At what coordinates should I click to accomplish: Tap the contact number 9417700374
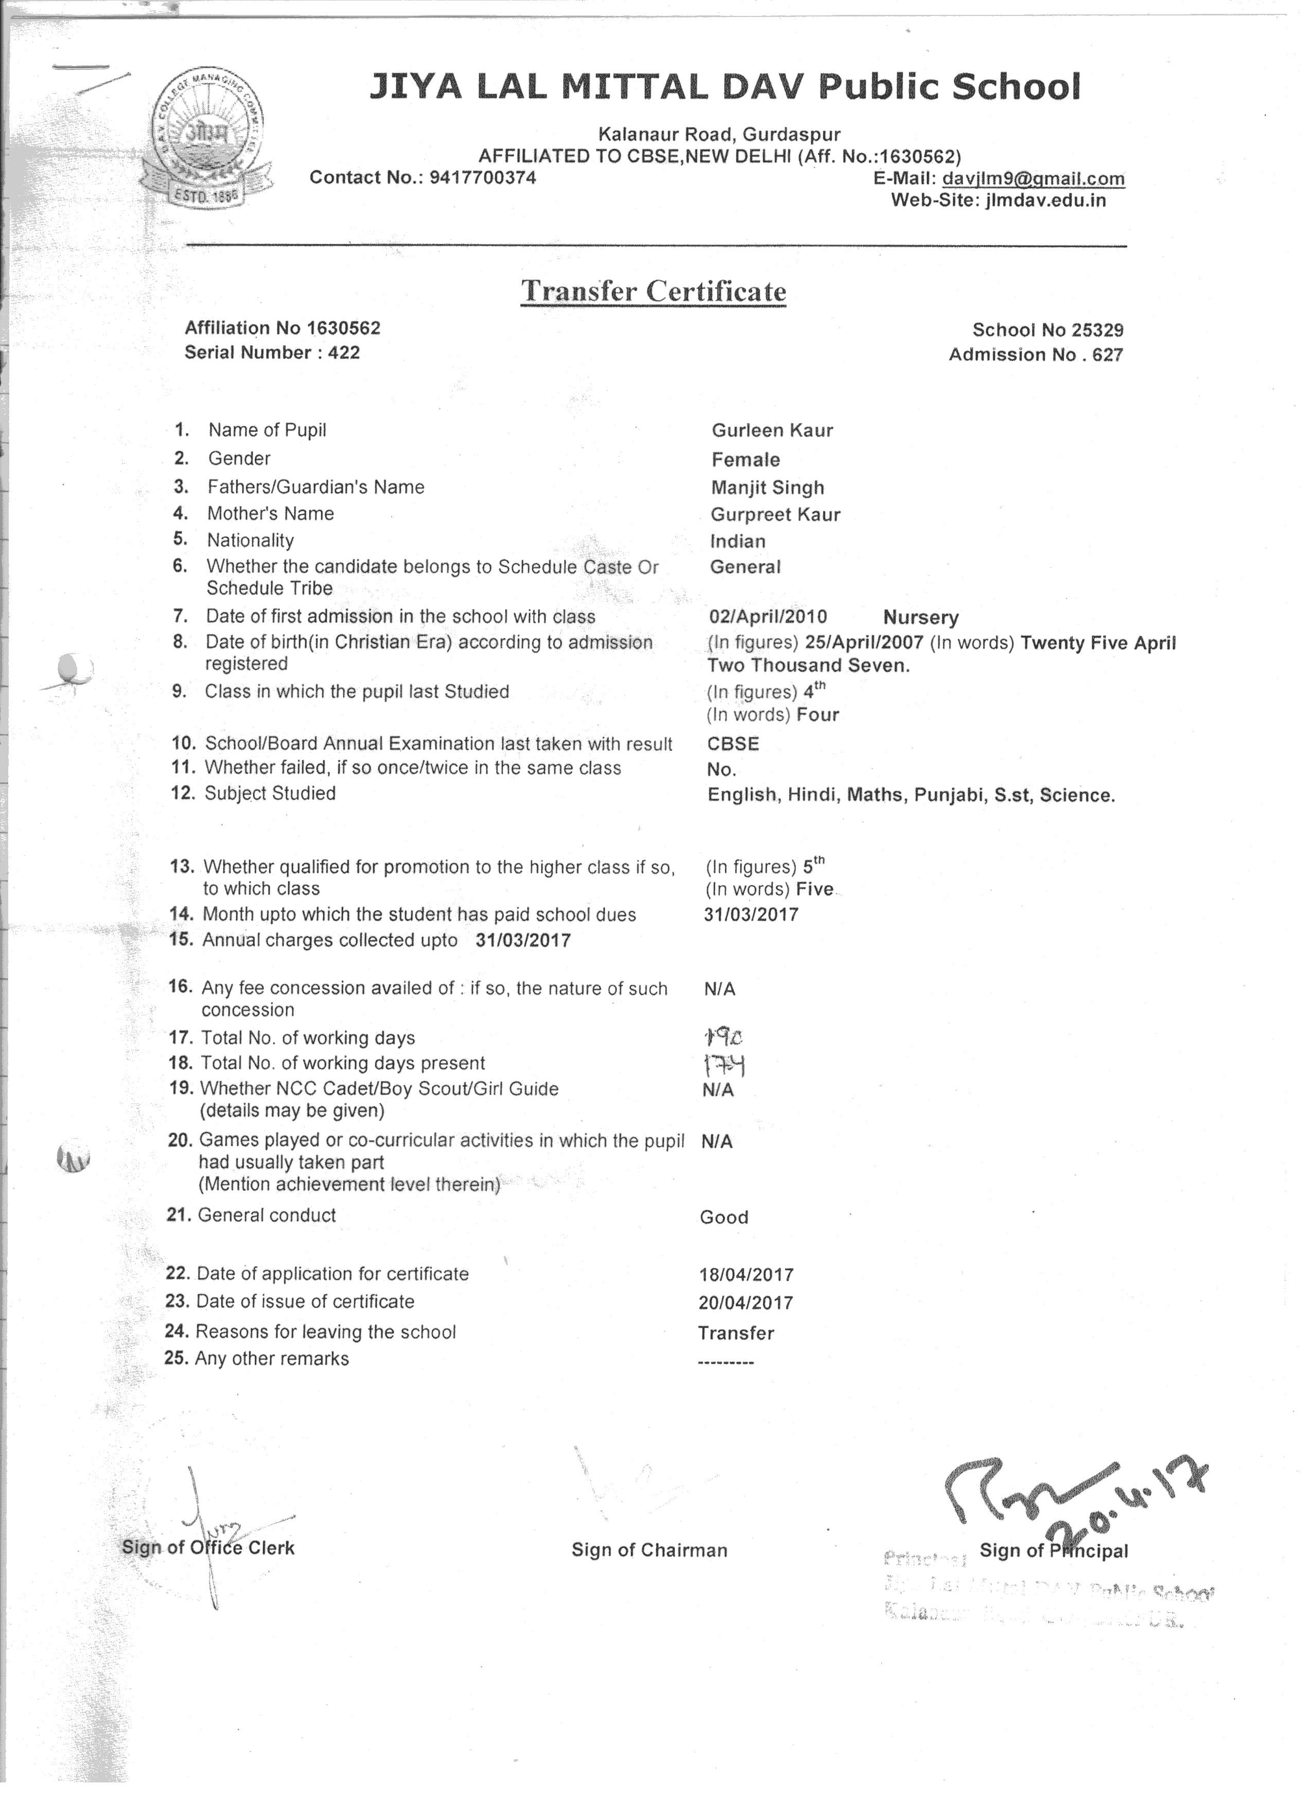click(x=482, y=177)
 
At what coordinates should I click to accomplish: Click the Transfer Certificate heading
click(x=653, y=291)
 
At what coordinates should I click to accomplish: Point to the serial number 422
click(x=344, y=352)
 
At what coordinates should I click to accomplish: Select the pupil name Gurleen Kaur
click(x=772, y=431)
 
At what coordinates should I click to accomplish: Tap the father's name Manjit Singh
click(x=767, y=488)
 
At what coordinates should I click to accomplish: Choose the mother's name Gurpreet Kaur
click(x=775, y=514)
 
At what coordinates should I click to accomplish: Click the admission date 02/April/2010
click(x=768, y=616)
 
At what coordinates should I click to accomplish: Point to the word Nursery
click(x=921, y=617)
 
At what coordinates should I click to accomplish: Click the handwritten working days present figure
click(x=724, y=1064)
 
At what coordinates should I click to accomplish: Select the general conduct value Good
click(x=723, y=1217)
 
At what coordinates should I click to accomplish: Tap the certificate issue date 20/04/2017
click(x=746, y=1302)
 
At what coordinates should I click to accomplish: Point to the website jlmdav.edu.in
click(x=1045, y=200)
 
